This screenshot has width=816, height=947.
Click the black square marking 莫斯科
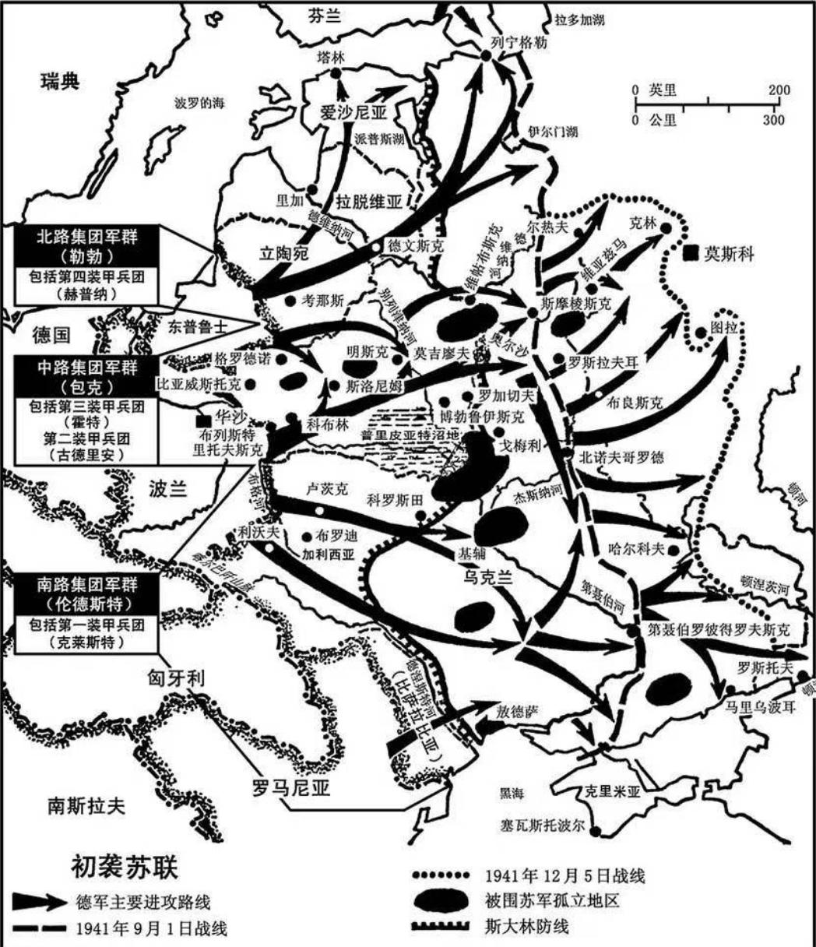coord(690,253)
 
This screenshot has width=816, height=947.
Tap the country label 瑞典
coord(60,82)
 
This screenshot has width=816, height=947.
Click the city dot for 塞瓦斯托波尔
coord(595,831)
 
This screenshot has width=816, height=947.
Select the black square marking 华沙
coord(203,421)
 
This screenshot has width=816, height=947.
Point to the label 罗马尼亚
coord(292,788)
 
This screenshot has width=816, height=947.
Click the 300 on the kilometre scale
coord(773,120)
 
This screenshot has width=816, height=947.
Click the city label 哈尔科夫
coord(636,548)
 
